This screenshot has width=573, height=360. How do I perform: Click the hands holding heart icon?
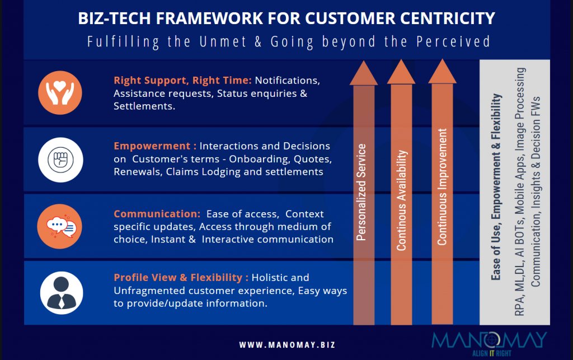pos(60,93)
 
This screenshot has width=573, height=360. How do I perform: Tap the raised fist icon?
pos(60,160)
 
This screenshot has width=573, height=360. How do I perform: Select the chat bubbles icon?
pos(59,227)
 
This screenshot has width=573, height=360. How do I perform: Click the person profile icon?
pos(62,293)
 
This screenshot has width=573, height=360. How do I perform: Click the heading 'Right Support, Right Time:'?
pos(183,81)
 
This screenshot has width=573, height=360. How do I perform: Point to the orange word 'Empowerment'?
pos(152,146)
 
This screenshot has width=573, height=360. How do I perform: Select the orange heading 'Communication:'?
pos(157,214)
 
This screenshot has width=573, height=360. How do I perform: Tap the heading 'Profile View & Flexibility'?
pos(178,278)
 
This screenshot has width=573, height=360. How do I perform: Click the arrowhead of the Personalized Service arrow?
pos(364,73)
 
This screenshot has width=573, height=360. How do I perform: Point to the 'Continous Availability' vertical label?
pos(401,200)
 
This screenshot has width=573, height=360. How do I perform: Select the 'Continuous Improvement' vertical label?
pos(442,187)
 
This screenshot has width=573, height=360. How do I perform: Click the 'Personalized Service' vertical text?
pos(361,192)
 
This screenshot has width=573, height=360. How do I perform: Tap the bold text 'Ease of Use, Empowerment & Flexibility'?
pos(496,187)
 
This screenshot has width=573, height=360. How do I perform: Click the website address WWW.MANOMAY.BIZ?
pos(287,345)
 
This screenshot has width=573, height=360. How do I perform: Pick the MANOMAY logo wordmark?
pos(489,340)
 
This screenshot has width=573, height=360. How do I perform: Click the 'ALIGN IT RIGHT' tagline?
pos(492,353)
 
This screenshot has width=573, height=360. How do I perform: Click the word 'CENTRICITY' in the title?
pos(448,18)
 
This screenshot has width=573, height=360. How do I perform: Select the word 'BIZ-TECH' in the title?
pos(115,18)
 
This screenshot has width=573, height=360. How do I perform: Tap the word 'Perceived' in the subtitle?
pos(453,41)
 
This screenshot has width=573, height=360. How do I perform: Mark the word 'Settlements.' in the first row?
pos(144,106)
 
